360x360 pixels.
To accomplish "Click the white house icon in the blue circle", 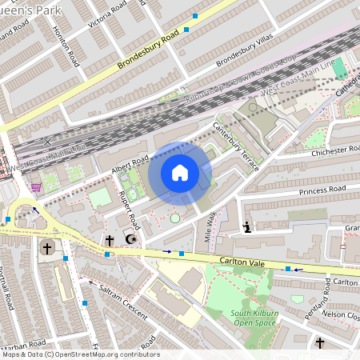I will click(x=180, y=172).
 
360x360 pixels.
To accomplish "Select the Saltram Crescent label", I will click(x=120, y=302).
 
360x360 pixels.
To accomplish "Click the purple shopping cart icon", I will click(x=35, y=187).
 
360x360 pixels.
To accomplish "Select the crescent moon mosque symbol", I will click(x=132, y=239).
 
